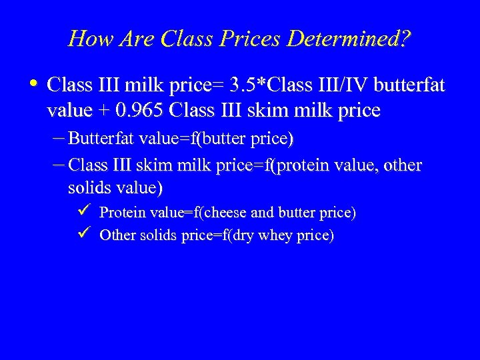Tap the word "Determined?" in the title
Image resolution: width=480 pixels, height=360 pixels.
pos(349,39)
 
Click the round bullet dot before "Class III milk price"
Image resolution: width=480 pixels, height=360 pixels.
pos(35,84)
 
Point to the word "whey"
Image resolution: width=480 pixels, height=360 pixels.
pos(269,236)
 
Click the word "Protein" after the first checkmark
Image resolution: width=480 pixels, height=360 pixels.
pos(121,213)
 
